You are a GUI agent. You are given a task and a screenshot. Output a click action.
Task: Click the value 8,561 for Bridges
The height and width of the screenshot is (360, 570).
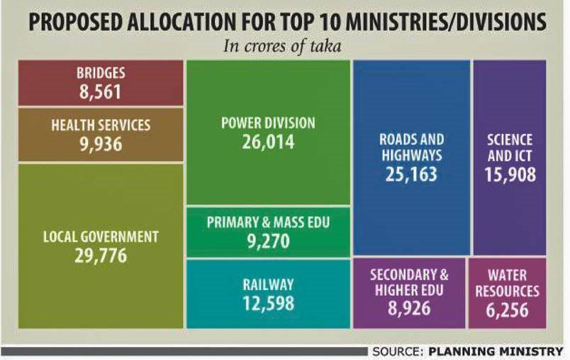[100, 91]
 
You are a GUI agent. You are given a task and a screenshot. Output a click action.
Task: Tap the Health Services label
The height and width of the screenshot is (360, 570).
[101, 125]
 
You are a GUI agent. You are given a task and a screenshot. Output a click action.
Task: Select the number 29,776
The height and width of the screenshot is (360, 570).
[101, 255]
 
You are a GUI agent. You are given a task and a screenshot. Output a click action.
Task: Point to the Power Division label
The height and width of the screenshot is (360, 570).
[268, 123]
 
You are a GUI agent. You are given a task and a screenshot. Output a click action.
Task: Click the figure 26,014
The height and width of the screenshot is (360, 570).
[268, 142]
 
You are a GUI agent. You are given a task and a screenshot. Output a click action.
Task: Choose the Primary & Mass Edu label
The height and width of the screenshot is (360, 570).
[268, 223]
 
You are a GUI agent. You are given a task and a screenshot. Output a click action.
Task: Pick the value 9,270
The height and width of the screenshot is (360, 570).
[268, 242]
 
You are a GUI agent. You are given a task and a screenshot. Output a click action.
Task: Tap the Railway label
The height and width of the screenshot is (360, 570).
[268, 284]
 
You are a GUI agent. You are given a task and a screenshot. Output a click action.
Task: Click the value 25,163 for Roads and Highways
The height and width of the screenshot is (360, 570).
[411, 174]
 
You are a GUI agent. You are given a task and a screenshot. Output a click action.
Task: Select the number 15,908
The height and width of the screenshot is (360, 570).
[510, 174]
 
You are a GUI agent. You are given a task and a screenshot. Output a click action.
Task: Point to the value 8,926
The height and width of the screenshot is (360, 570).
[409, 308]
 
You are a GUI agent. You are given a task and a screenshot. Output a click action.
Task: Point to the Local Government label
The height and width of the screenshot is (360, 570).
[101, 236]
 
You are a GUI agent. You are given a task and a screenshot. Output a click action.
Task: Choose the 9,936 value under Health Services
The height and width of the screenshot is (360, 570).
[101, 145]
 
